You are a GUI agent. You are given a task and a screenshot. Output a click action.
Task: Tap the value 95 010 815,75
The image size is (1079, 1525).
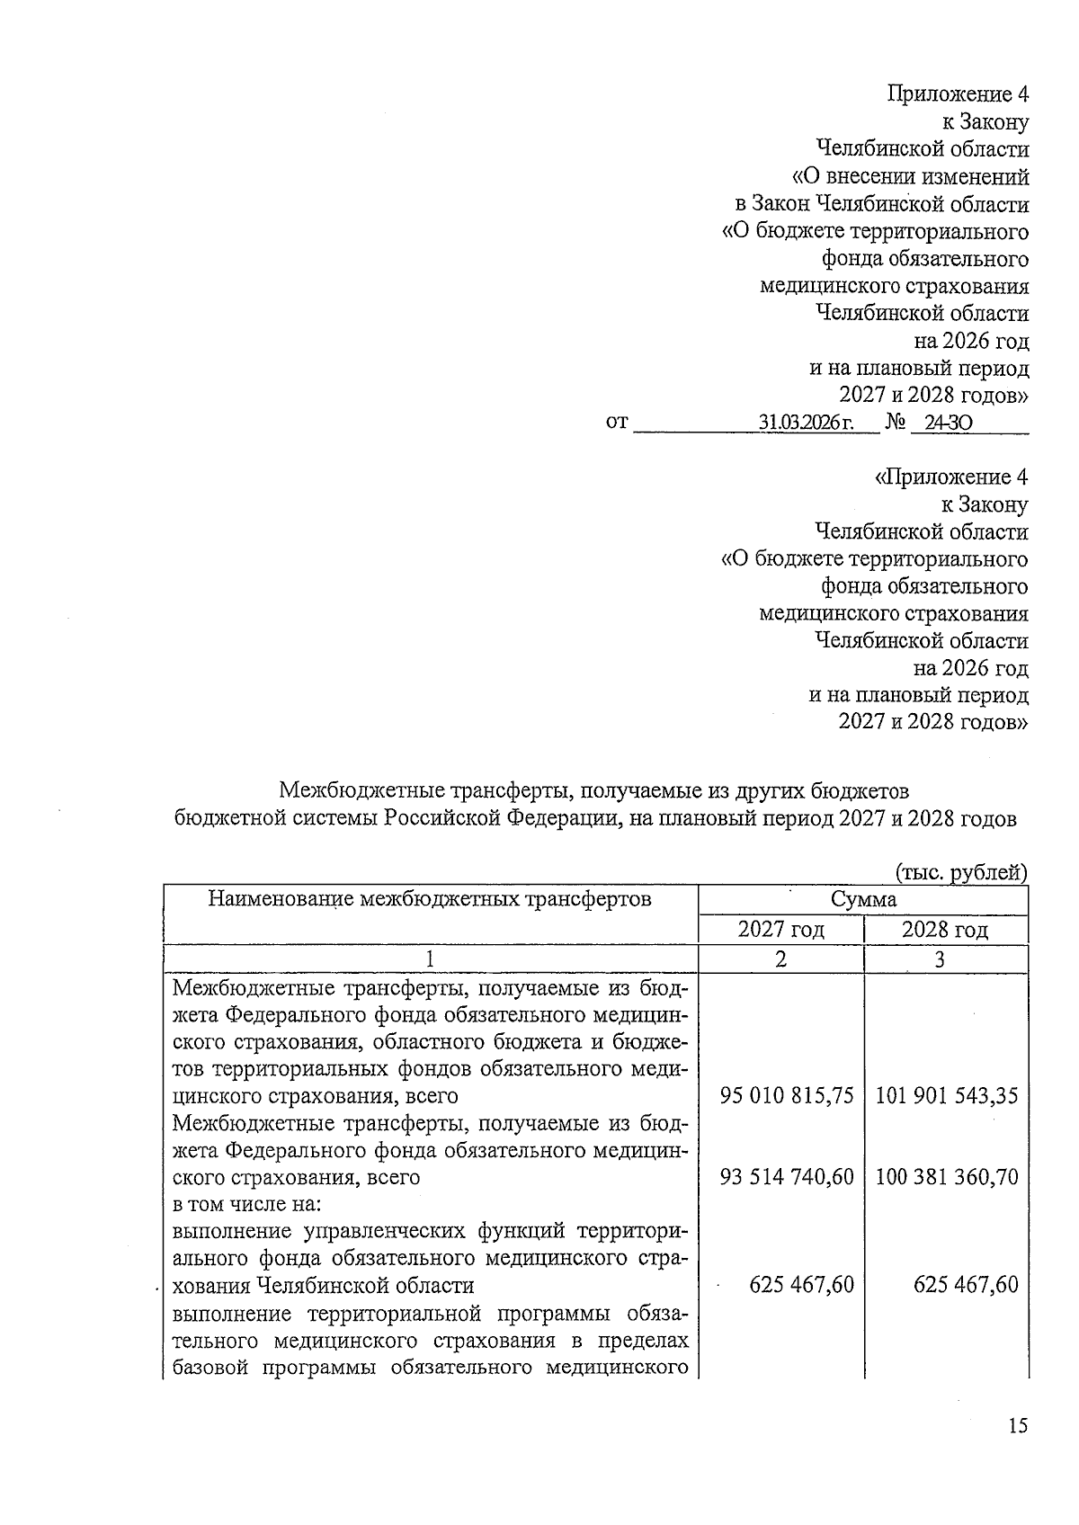[786, 1096]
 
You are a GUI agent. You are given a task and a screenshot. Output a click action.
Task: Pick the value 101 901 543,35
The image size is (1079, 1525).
[946, 1096]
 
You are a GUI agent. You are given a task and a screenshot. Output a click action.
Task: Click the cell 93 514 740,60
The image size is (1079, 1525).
[786, 1176]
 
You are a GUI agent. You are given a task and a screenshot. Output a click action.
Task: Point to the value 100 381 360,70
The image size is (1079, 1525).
[946, 1176]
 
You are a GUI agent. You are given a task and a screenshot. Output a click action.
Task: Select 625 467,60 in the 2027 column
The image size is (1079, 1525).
[801, 1284]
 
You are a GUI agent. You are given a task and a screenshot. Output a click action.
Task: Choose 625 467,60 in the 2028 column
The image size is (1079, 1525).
[965, 1284]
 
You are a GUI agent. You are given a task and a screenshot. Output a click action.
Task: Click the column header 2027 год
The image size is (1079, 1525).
[780, 930]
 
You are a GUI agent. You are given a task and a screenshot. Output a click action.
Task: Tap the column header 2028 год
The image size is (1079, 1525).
[944, 930]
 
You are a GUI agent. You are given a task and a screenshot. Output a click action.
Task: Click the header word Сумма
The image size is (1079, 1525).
[862, 899]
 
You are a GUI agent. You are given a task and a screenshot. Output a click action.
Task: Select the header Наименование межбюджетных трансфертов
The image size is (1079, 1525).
[430, 898]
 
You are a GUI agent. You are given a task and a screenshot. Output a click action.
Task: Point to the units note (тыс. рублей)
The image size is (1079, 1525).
[960, 871]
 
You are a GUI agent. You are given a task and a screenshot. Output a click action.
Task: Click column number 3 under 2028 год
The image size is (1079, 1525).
[940, 959]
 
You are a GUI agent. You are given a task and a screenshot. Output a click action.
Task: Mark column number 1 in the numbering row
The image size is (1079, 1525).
[430, 959]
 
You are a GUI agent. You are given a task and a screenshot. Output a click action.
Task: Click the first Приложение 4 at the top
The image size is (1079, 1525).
[958, 94]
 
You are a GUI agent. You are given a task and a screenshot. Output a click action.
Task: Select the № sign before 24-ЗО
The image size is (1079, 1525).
[895, 422]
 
